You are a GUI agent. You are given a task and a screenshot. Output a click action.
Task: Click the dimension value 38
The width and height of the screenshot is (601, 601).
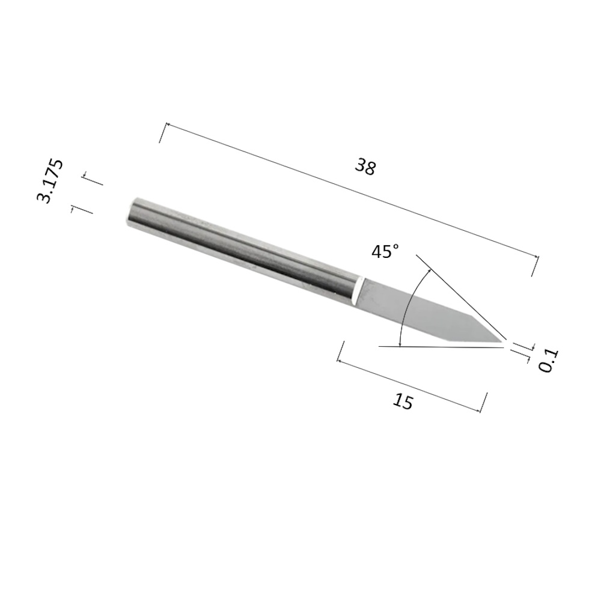(365, 167)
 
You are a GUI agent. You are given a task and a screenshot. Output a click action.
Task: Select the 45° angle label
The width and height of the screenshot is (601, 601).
(385, 251)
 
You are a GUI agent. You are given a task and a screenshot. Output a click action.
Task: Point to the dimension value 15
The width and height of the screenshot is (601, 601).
(403, 401)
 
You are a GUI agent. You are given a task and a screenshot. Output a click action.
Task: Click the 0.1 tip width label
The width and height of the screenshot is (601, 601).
(549, 361)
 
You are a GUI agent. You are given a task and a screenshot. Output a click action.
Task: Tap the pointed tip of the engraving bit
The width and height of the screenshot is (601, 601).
(503, 340)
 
